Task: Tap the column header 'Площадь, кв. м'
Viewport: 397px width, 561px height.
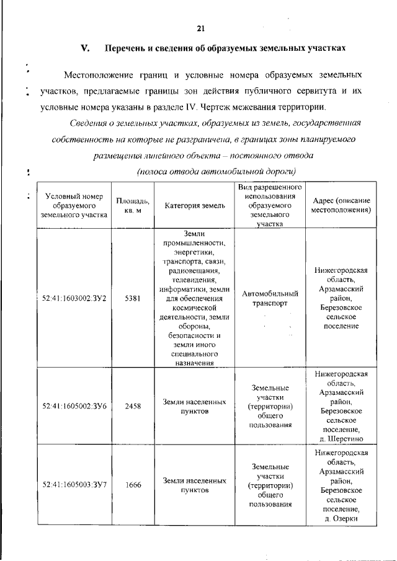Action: point(132,206)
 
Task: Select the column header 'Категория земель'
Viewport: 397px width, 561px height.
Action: point(194,206)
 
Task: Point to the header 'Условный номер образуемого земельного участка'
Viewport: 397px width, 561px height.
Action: point(73,206)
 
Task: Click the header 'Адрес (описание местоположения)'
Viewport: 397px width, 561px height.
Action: point(341,206)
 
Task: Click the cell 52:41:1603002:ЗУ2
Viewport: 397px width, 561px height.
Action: point(74,298)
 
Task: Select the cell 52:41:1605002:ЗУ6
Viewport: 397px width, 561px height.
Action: point(74,406)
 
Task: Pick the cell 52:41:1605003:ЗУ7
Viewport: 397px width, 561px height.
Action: point(74,485)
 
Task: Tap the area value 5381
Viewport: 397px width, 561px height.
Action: point(132,298)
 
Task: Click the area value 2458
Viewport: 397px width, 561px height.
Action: point(132,406)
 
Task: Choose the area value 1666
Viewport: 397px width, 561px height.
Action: point(132,485)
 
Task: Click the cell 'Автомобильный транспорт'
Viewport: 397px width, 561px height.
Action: point(270,298)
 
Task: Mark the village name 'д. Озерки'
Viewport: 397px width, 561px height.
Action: point(341,518)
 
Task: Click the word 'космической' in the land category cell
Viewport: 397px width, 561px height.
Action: point(194,307)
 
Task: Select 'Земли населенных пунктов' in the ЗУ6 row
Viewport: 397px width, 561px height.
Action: point(194,406)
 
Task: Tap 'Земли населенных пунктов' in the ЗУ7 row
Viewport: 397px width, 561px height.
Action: point(194,485)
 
